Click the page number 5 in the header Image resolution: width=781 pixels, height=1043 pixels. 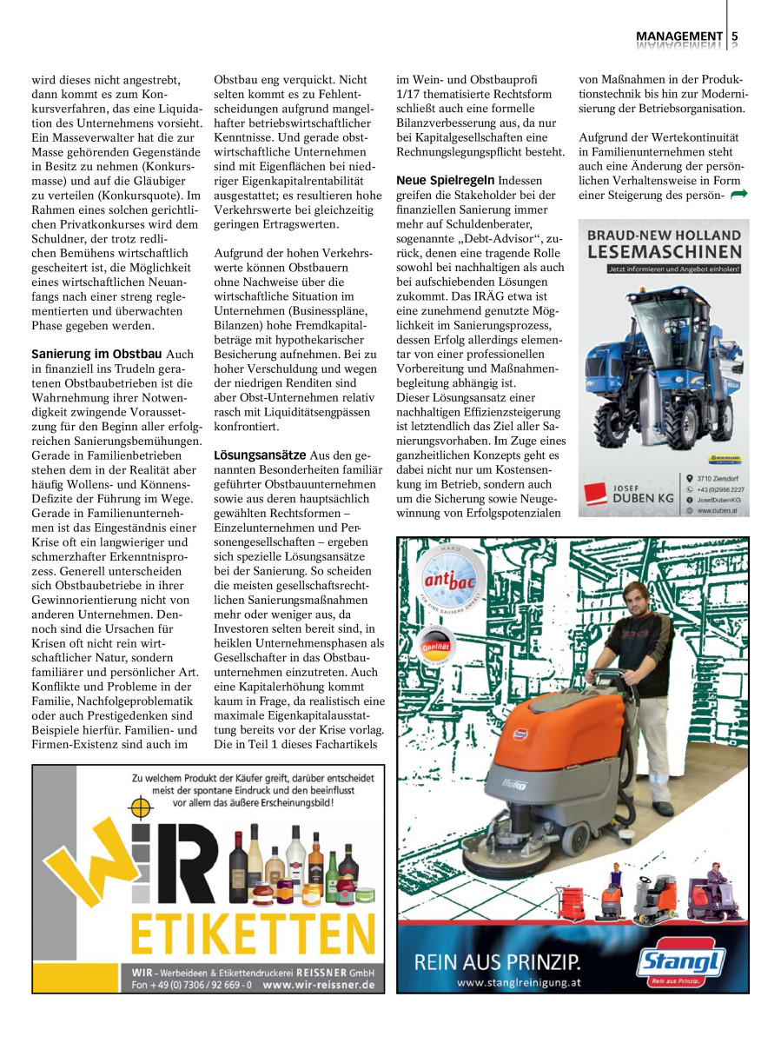tap(735, 36)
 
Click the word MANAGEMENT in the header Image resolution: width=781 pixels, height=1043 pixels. tap(679, 36)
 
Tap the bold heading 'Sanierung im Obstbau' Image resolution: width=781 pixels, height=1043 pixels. tap(96, 355)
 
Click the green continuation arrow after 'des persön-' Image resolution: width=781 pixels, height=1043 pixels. tap(738, 195)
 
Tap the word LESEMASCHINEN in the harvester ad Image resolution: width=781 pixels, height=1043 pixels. tap(665, 253)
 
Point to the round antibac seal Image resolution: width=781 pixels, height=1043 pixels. tap(447, 581)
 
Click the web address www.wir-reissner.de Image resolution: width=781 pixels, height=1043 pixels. tap(318, 985)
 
